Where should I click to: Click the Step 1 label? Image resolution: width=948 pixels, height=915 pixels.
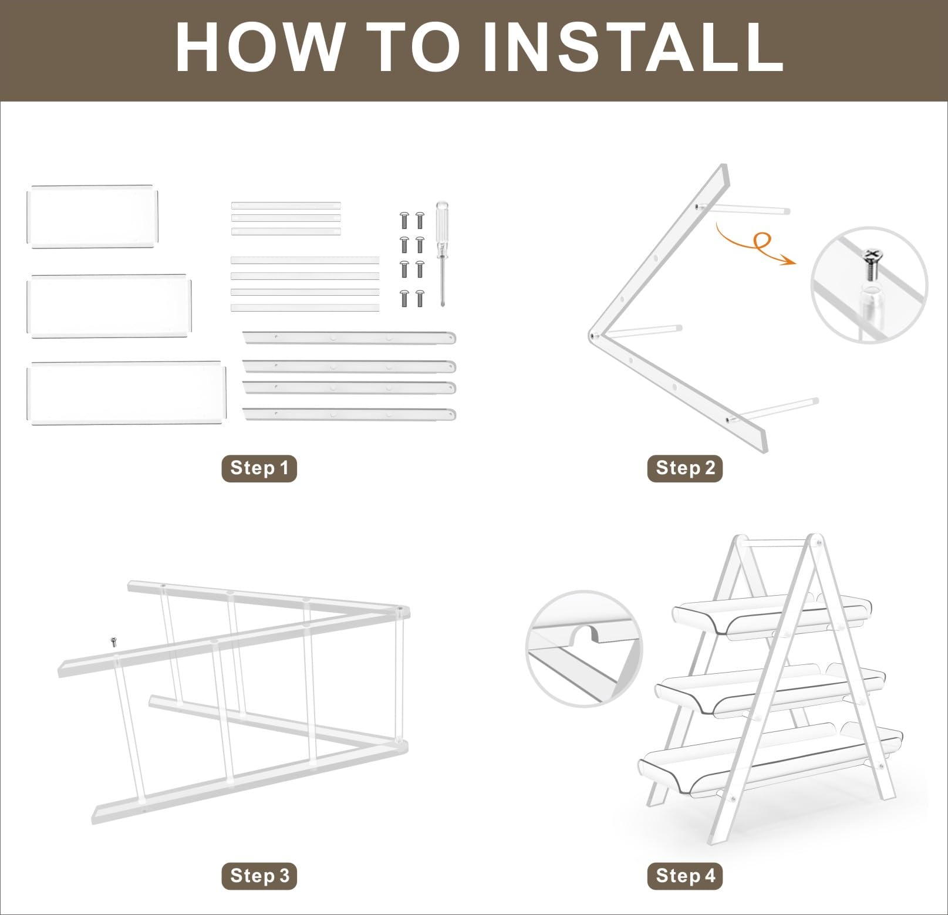click(259, 468)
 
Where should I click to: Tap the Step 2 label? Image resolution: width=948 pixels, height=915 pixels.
click(685, 468)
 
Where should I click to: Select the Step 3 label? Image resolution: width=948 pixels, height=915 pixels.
click(259, 876)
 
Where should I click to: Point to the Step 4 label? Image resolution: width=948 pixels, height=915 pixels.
click(685, 876)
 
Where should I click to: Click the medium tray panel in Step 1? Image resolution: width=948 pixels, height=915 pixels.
click(110, 306)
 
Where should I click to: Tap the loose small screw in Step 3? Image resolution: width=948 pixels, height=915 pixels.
click(114, 641)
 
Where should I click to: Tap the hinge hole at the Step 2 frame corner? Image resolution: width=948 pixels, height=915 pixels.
click(594, 336)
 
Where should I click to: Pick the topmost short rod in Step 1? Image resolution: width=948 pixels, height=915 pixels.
click(286, 205)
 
